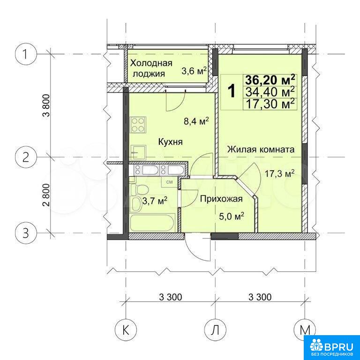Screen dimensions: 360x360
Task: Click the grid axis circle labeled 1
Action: tap(25, 54)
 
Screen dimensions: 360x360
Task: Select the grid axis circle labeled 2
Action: tap(25, 157)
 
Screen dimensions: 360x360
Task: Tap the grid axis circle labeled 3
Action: tap(25, 233)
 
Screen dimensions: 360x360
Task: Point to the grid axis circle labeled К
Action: tap(126, 330)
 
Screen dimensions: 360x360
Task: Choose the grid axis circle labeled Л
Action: tap(215, 330)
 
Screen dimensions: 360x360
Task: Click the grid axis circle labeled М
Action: tap(305, 330)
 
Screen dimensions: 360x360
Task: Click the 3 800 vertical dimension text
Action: tap(46, 105)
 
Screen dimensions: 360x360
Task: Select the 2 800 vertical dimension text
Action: tap(46, 195)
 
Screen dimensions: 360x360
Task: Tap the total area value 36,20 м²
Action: tap(270, 80)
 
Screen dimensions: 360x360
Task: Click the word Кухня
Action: tap(170, 142)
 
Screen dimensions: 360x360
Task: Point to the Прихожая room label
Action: tap(221, 199)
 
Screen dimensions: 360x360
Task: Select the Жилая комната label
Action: tap(261, 150)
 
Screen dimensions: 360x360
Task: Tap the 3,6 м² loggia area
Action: tap(194, 71)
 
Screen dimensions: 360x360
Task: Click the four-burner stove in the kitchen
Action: tap(138, 125)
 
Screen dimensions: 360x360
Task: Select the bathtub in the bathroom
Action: tap(152, 223)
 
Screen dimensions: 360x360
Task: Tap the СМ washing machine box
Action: tap(169, 182)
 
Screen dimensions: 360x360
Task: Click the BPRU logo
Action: tap(332, 348)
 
